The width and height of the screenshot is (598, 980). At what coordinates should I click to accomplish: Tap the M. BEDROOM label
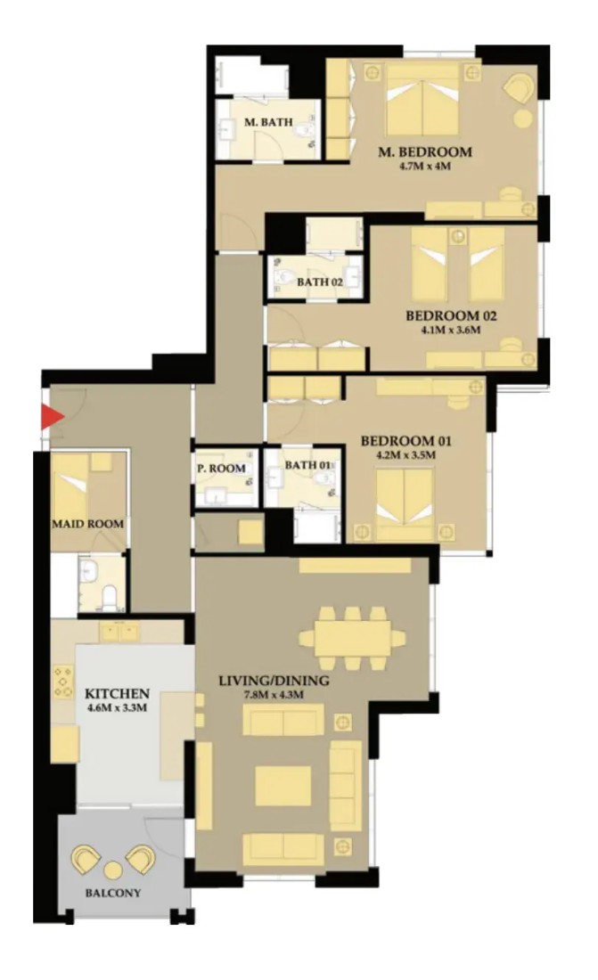(425, 151)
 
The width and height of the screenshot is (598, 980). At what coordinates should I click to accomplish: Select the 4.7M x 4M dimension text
(425, 167)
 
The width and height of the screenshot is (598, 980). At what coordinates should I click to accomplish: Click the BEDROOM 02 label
(451, 316)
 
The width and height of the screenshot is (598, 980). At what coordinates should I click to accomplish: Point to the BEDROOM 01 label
(405, 441)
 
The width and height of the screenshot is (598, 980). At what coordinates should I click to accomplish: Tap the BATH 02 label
(320, 282)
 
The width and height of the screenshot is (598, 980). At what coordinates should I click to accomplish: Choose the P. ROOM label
(221, 468)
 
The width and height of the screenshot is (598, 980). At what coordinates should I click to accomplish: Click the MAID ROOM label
(88, 524)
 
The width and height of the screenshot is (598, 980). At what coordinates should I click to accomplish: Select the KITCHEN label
(117, 694)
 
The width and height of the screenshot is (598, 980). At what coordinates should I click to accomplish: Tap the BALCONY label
(112, 893)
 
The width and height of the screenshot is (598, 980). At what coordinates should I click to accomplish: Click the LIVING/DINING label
(274, 681)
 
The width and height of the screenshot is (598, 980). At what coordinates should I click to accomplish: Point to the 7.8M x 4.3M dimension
(274, 694)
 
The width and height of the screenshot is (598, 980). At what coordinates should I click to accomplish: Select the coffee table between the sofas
(283, 786)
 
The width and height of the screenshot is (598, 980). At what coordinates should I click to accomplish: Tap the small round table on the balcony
(112, 870)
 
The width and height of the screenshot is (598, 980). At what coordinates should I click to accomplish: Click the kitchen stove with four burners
(63, 682)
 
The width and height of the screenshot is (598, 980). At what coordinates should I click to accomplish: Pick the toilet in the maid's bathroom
(110, 597)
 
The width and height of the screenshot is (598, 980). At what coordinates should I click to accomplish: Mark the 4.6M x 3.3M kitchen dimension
(118, 707)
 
